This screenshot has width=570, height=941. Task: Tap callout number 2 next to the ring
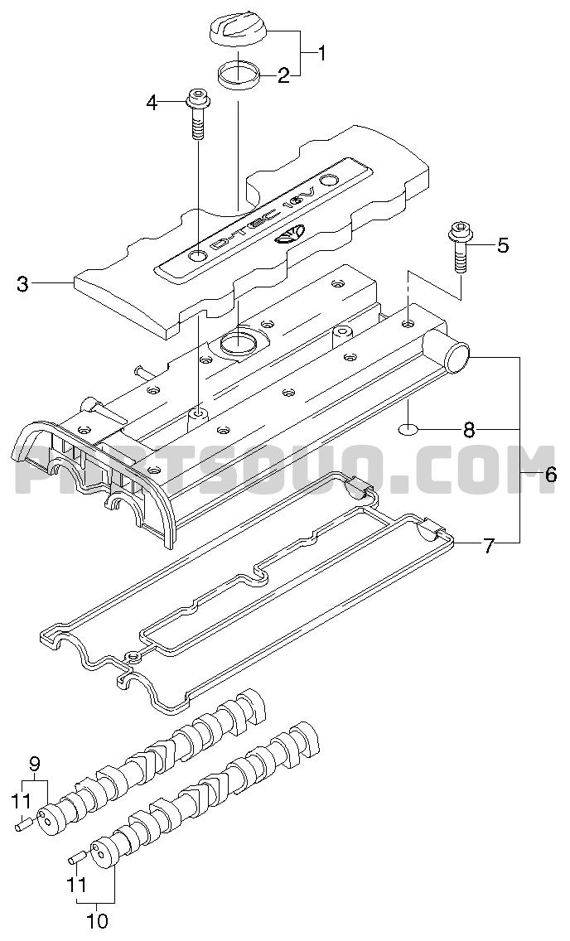pos(283,76)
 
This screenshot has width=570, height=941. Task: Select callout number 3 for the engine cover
pos(22,284)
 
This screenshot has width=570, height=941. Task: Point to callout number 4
pos(152,103)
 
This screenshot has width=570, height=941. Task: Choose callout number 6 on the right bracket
pos(550,475)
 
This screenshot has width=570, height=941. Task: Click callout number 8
pos(469,429)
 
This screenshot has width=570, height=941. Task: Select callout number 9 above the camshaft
pos(35,763)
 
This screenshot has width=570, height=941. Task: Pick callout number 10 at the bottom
pos(97,920)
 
